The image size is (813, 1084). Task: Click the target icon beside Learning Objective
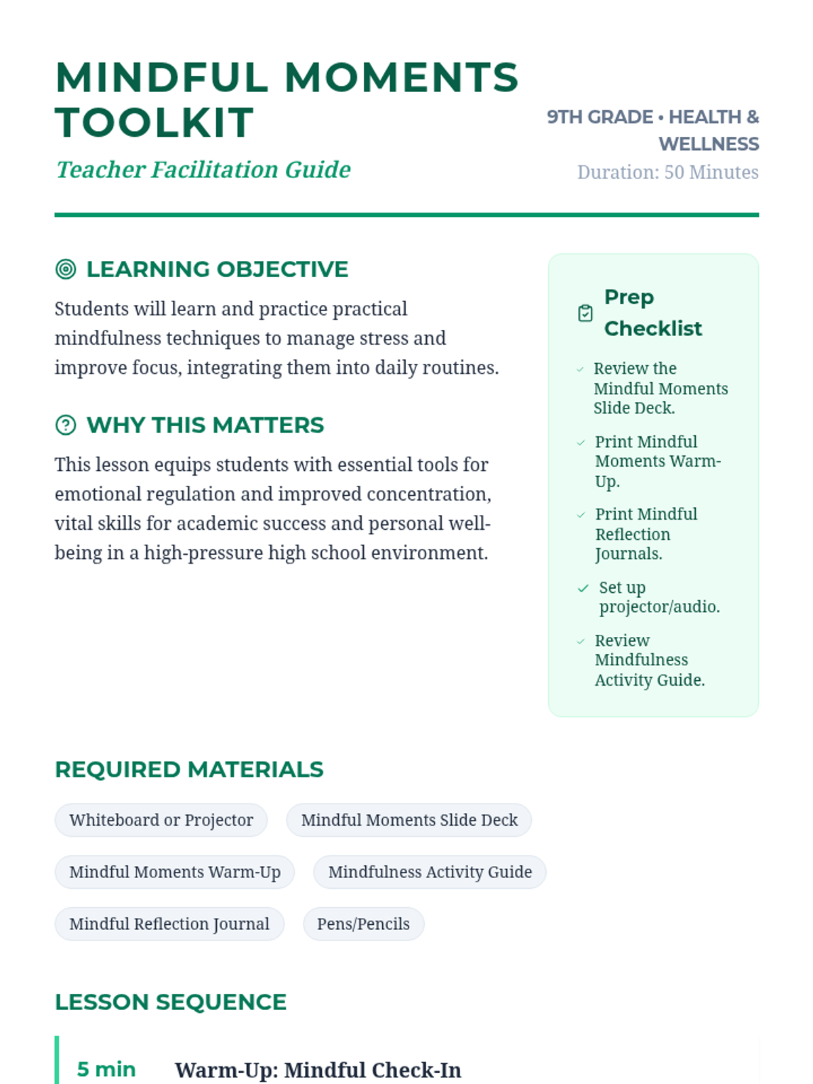tap(66, 269)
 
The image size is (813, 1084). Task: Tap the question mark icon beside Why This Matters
tap(66, 425)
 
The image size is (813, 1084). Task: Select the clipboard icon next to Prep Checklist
tap(585, 313)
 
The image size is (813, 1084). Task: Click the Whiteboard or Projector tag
tap(161, 820)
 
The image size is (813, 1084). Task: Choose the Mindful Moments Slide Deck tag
tap(409, 820)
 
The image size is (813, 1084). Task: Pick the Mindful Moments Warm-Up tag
tap(175, 872)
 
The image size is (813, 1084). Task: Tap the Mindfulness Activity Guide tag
tap(430, 872)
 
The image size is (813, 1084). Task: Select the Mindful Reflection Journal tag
tap(169, 924)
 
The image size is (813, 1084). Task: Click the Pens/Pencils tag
tap(363, 924)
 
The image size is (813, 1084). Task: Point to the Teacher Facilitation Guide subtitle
tap(203, 169)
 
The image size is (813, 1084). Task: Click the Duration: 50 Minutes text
tap(667, 172)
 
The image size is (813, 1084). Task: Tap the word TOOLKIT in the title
tap(154, 123)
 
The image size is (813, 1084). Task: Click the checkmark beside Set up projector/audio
tap(583, 588)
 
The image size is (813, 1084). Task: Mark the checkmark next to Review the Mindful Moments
tap(580, 369)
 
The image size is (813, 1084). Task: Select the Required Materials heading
tap(189, 770)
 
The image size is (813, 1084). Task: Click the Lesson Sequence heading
tap(171, 1002)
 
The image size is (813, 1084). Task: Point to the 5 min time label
tap(106, 1069)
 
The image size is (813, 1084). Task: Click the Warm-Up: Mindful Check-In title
tap(318, 1070)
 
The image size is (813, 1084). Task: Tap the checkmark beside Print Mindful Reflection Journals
tap(581, 515)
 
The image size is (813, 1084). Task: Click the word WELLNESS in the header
tap(709, 144)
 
